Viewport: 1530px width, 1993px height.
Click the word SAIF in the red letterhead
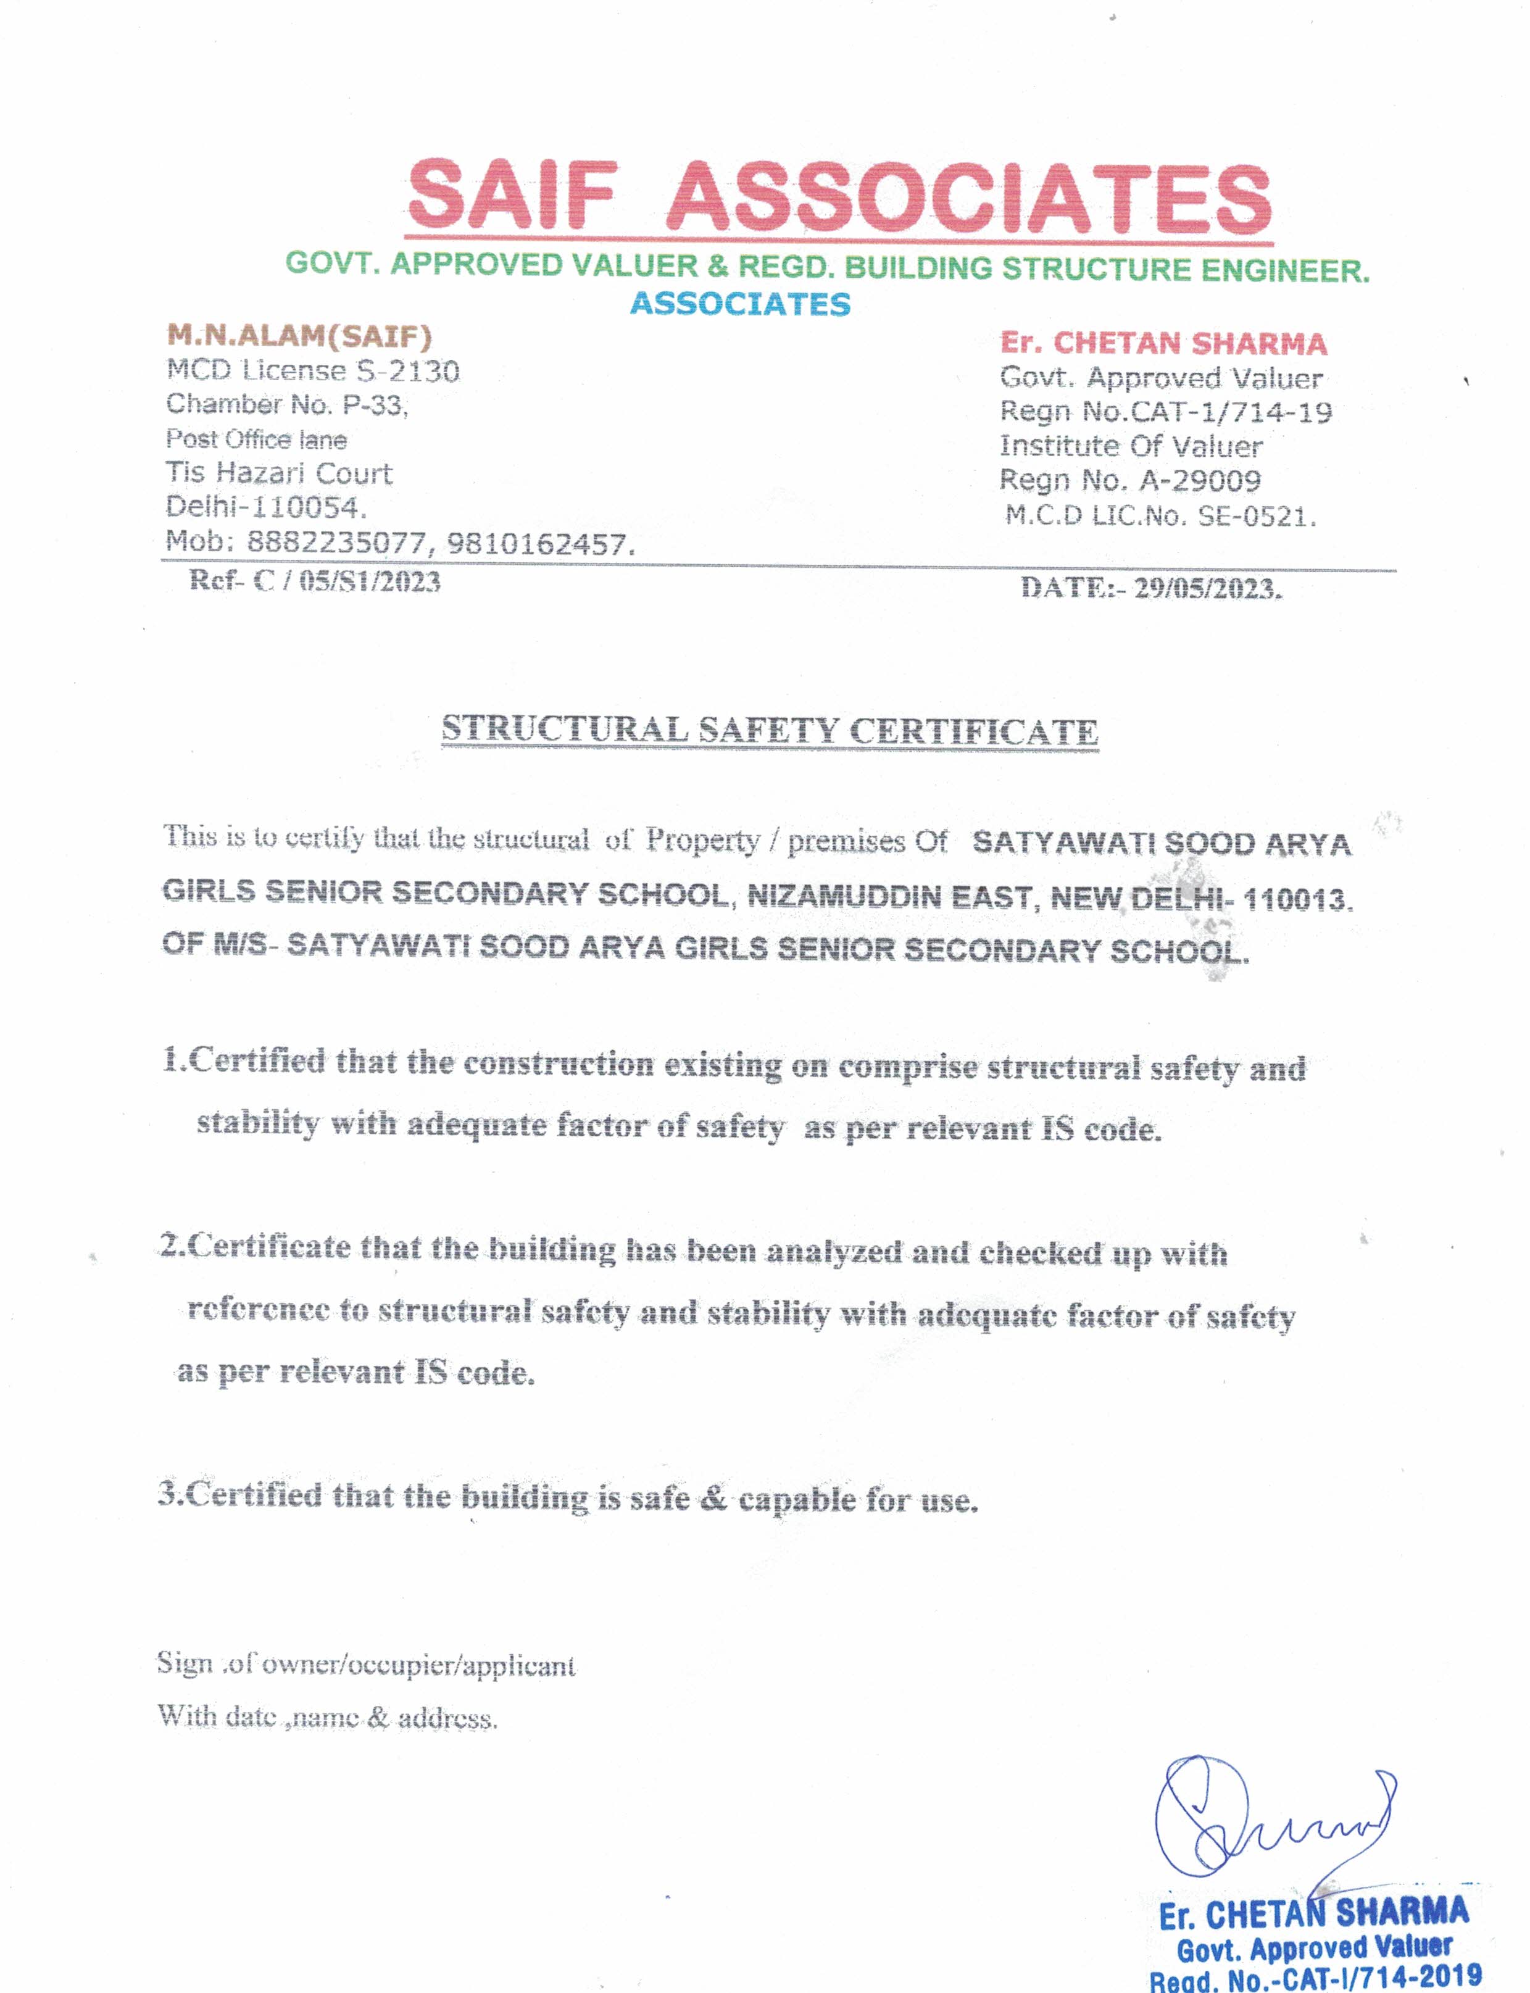[512, 196]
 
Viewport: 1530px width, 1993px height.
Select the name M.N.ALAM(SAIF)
[299, 336]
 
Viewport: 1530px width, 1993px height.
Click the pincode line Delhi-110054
[266, 507]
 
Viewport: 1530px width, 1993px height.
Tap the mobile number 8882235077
[336, 543]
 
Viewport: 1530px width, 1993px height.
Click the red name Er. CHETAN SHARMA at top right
[1163, 343]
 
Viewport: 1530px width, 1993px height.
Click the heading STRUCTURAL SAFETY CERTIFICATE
[770, 731]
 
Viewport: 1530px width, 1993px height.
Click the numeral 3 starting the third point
[167, 1494]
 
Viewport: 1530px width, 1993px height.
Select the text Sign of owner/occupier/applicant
[365, 1664]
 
